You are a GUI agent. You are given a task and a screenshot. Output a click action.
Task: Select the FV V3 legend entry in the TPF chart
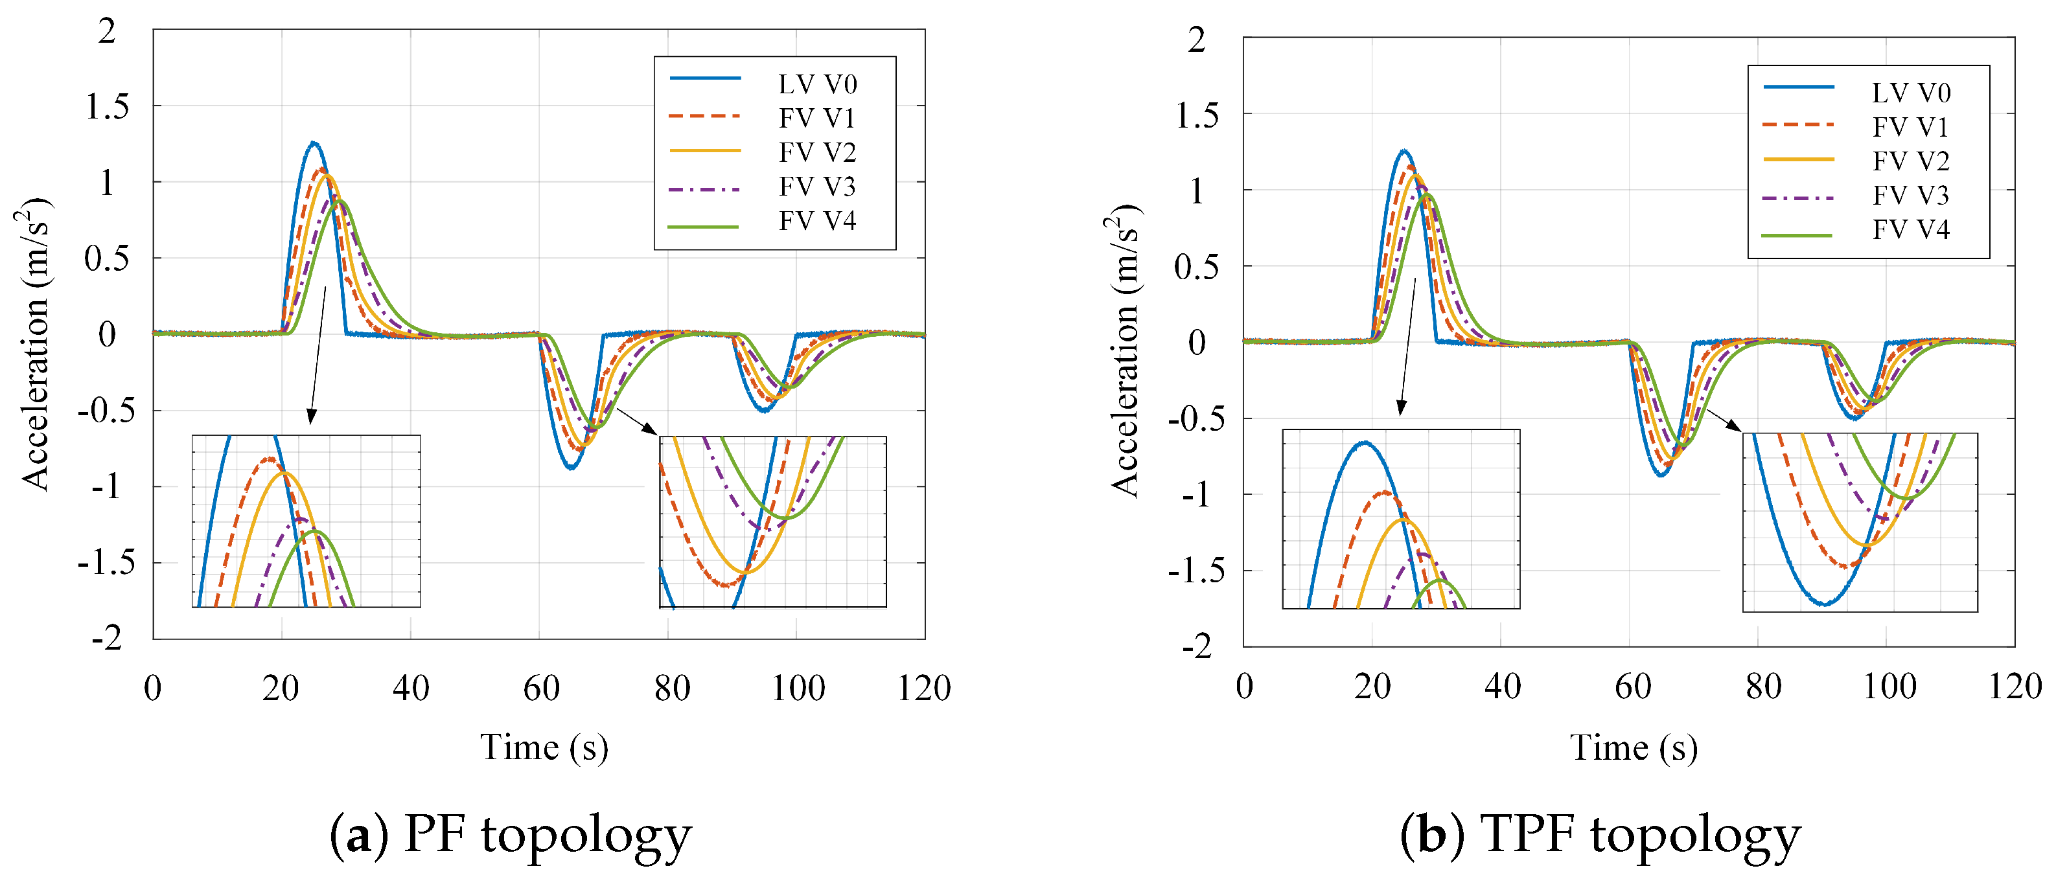pos(1856,196)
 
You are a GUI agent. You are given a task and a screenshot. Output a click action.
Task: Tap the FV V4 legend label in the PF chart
pos(817,221)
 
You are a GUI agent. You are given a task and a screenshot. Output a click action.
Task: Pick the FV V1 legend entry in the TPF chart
pos(1856,127)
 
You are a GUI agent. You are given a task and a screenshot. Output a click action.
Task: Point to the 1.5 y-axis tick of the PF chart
pos(107,106)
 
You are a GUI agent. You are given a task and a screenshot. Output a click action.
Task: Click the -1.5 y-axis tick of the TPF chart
pos(1195,571)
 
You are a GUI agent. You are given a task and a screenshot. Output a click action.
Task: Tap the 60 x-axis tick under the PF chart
pos(540,688)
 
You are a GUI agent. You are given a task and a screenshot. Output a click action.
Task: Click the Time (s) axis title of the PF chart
pos(544,747)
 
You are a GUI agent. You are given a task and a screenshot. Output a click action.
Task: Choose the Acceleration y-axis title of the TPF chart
pos(1126,351)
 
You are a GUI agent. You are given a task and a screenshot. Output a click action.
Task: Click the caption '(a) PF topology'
pos(511,836)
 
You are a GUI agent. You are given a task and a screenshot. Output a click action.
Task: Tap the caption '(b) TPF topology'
pos(1600,836)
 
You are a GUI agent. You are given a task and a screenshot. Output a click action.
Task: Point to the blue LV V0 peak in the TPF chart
pos(1403,151)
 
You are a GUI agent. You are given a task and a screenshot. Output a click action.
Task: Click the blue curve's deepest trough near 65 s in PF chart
pos(572,467)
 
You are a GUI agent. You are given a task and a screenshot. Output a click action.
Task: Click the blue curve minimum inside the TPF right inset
pos(1825,604)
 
